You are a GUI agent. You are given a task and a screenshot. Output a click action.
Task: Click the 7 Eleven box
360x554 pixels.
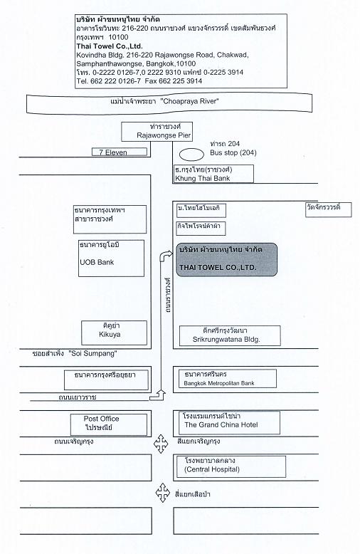(120, 152)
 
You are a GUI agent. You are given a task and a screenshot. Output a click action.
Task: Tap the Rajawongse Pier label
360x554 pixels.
(164, 135)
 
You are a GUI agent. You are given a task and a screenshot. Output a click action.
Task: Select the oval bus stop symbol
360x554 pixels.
(191, 155)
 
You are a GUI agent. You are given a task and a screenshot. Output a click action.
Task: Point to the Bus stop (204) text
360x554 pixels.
(233, 152)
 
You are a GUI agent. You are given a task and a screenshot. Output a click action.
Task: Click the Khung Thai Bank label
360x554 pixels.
(203, 179)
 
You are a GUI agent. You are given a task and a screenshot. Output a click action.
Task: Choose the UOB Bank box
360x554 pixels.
(111, 258)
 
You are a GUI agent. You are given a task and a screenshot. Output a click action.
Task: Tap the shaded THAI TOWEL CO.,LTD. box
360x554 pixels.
(226, 259)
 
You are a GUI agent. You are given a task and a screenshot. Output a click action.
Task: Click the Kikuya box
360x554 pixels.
(114, 333)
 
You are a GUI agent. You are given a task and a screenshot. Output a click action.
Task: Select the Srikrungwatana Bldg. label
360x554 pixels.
(226, 340)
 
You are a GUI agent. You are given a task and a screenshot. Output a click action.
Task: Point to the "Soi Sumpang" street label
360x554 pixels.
(93, 353)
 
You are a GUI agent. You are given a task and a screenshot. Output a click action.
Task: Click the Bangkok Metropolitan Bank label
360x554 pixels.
(219, 383)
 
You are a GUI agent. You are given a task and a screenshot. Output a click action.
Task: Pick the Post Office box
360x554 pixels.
(109, 424)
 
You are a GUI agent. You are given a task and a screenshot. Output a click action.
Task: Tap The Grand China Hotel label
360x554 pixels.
(221, 424)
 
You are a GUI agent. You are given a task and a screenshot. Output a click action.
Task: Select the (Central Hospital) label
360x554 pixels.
(212, 469)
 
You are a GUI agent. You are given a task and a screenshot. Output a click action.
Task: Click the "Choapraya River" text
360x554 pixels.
(189, 101)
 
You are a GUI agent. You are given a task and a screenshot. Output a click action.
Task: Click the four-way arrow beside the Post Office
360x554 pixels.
(161, 444)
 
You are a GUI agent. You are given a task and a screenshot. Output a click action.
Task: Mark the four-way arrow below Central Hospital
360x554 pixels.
(163, 493)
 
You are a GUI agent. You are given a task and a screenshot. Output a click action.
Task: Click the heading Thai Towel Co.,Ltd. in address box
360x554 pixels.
(110, 46)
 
